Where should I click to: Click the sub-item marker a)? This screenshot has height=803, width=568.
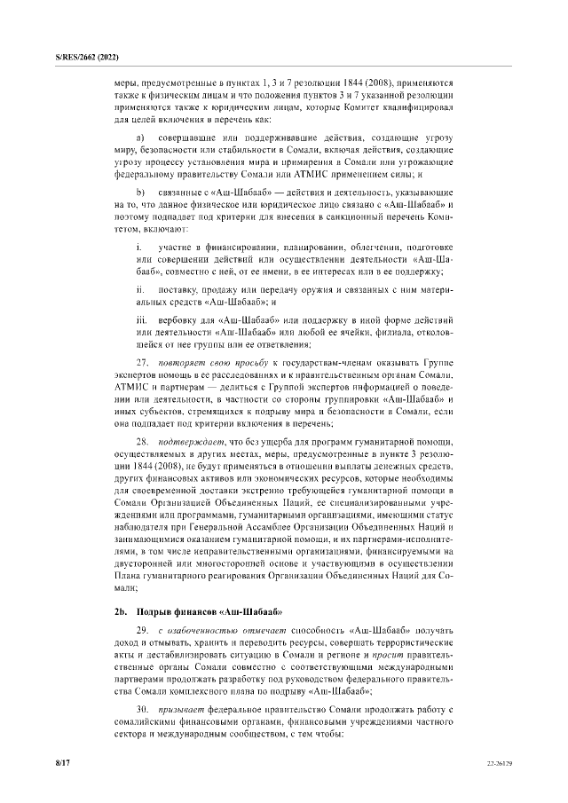pos(139,139)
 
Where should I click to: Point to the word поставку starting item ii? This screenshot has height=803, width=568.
pos(178,290)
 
